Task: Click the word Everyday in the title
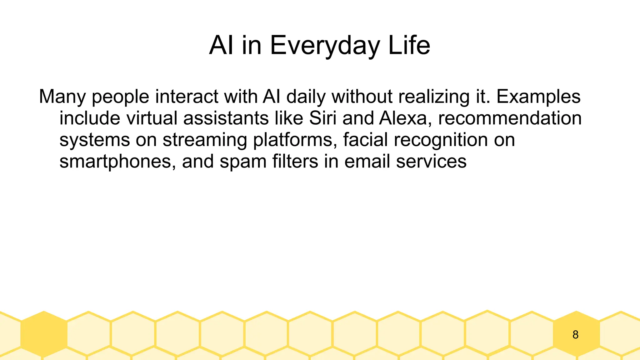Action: (x=325, y=46)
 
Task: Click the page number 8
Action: (x=575, y=335)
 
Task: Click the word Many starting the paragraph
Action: (x=62, y=97)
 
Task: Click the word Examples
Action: (x=538, y=97)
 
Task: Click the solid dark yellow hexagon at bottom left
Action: (x=44, y=334)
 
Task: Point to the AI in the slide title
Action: (x=221, y=46)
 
